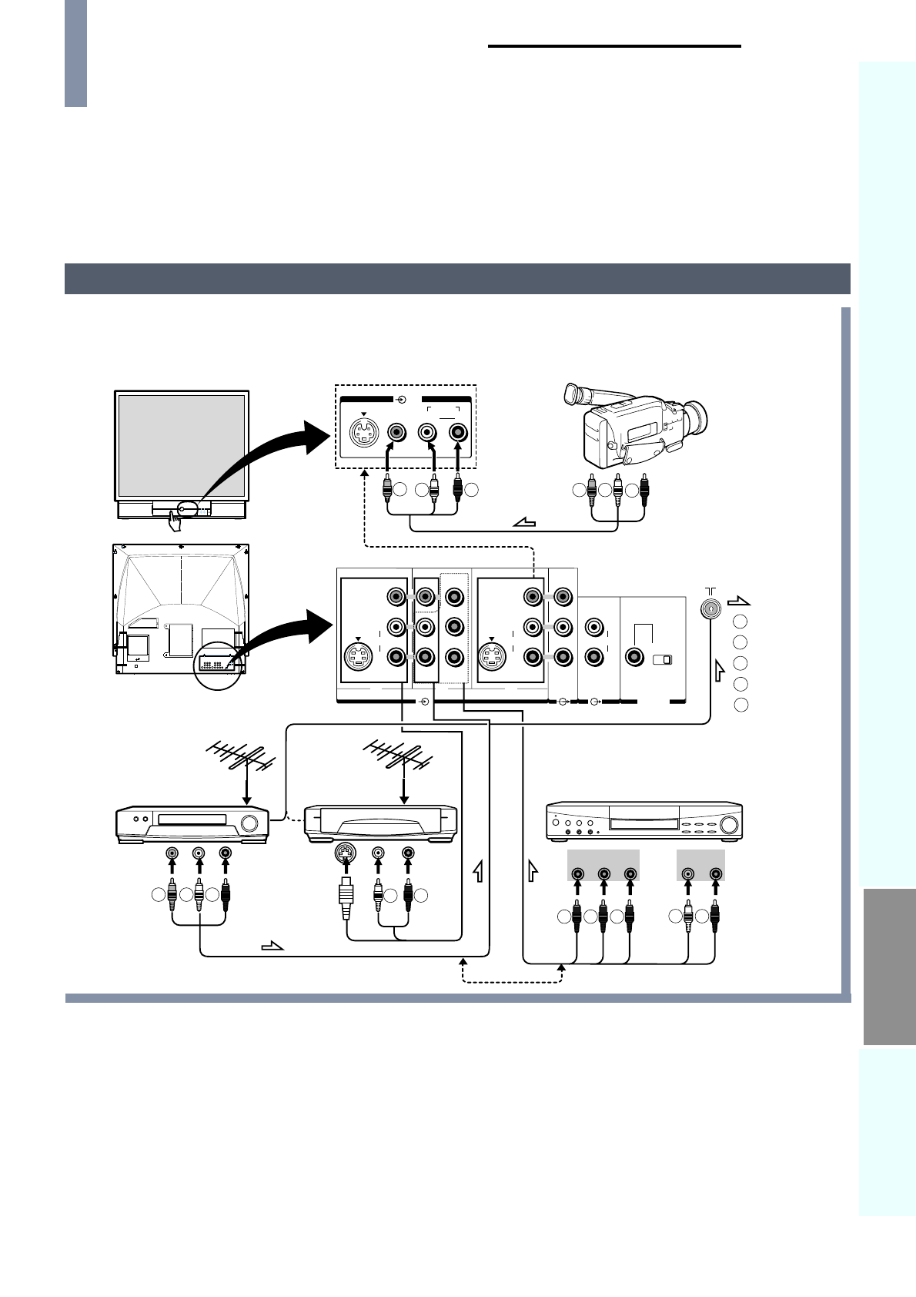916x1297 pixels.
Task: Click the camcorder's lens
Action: (x=697, y=418)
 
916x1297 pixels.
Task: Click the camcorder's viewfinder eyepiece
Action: (x=571, y=394)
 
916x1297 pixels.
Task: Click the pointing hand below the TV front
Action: (x=176, y=522)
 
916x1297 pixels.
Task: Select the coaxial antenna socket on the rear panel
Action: (x=710, y=608)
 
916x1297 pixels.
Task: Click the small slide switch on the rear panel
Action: (x=662, y=659)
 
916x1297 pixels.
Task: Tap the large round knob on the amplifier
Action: (x=727, y=826)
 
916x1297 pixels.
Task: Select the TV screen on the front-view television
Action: (x=180, y=444)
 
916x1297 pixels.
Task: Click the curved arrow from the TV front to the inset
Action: (x=262, y=454)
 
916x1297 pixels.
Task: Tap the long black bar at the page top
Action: (x=614, y=46)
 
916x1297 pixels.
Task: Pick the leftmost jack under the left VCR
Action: (x=172, y=853)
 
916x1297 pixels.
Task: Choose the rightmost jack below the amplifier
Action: (x=716, y=873)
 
